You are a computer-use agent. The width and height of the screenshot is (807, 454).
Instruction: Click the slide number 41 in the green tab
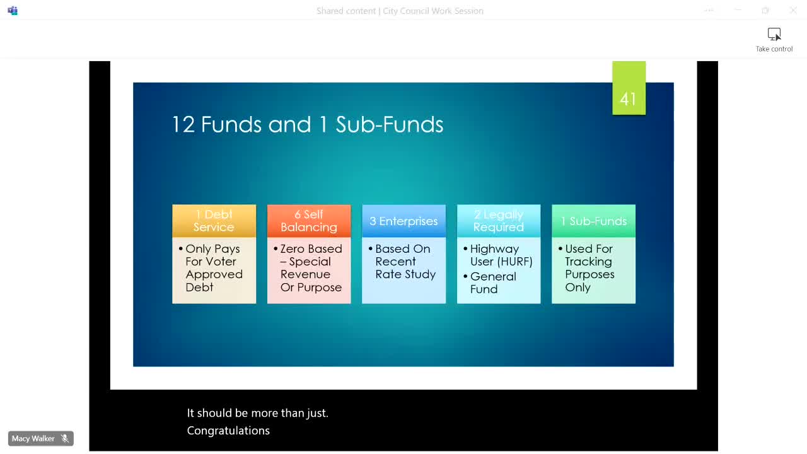(x=628, y=99)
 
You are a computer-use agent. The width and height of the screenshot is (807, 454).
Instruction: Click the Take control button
(x=774, y=40)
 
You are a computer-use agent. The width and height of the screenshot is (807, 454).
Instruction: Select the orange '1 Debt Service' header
(x=214, y=221)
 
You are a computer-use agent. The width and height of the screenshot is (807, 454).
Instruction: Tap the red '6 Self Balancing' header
(x=309, y=221)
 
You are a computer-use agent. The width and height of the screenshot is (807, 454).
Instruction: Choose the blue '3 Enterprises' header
(x=403, y=221)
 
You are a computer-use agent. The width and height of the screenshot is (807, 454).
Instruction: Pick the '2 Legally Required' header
(x=499, y=221)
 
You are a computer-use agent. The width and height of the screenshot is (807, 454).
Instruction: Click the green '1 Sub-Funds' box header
(x=593, y=221)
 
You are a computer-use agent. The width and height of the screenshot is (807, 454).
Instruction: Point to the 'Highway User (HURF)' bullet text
(x=501, y=255)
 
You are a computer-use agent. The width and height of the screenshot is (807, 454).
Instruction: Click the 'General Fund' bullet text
(x=493, y=283)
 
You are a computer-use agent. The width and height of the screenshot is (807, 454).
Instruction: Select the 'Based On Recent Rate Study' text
(x=405, y=262)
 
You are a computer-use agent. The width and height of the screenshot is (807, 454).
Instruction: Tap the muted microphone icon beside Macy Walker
(x=65, y=438)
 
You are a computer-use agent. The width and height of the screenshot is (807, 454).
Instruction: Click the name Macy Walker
(x=33, y=438)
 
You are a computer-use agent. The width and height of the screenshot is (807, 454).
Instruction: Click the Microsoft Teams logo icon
(x=13, y=11)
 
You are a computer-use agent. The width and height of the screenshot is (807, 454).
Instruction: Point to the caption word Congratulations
(x=228, y=431)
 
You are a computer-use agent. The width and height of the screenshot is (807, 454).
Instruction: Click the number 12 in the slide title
(x=183, y=124)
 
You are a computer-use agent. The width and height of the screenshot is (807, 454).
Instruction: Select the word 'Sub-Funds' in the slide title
(x=390, y=124)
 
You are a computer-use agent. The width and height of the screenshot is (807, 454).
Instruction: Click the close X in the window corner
(x=793, y=11)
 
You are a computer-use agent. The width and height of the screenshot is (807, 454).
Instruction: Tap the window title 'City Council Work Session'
(x=433, y=11)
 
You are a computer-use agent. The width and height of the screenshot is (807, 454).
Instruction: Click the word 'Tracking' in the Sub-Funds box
(x=588, y=262)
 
